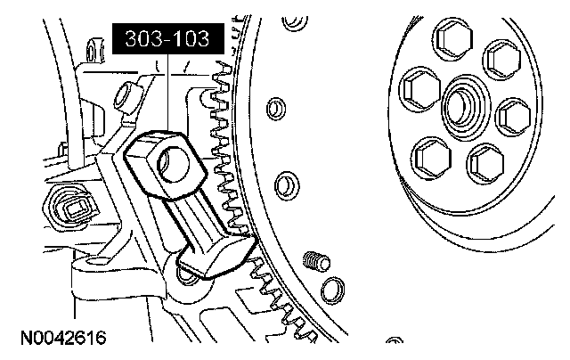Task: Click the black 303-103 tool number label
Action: [168, 38]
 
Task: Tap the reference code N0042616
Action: [63, 338]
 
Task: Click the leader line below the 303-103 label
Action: [168, 93]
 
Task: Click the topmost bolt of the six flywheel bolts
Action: [453, 39]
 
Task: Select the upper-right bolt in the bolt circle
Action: [502, 60]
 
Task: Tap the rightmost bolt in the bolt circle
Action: [514, 117]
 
